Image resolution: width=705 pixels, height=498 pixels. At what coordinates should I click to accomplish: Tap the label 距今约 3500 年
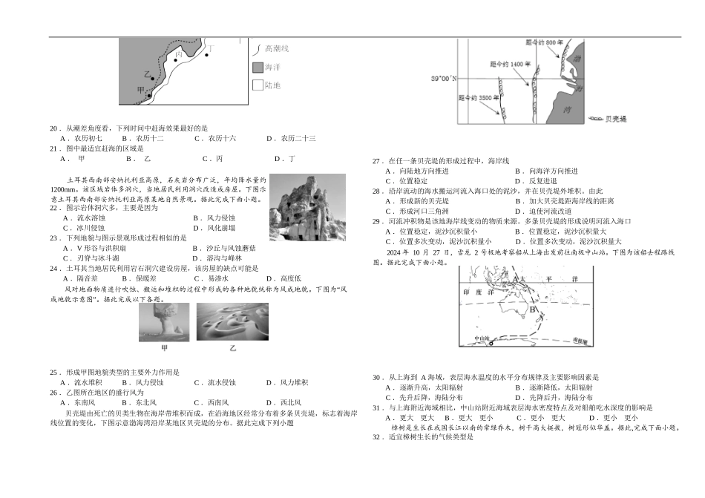[x=477, y=97]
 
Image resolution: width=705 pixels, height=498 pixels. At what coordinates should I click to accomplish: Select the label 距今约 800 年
[x=540, y=43]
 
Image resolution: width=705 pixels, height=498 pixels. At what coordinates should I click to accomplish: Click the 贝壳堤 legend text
[x=616, y=119]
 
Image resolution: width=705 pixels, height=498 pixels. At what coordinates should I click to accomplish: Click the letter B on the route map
[x=534, y=309]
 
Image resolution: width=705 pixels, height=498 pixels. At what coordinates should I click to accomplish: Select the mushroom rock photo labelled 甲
[x=164, y=322]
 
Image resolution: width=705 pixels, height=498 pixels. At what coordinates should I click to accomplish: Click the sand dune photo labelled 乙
[x=233, y=322]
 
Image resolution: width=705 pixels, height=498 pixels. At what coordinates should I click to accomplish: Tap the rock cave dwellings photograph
[x=307, y=209]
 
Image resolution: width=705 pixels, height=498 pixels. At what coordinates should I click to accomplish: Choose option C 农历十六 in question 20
[x=215, y=138]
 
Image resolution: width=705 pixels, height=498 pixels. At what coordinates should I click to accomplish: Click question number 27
[x=376, y=160]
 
